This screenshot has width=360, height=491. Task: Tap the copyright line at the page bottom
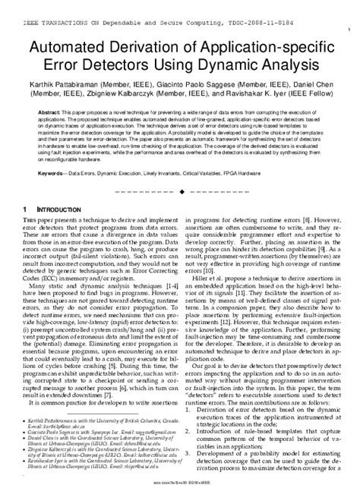[x=180, y=481]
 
